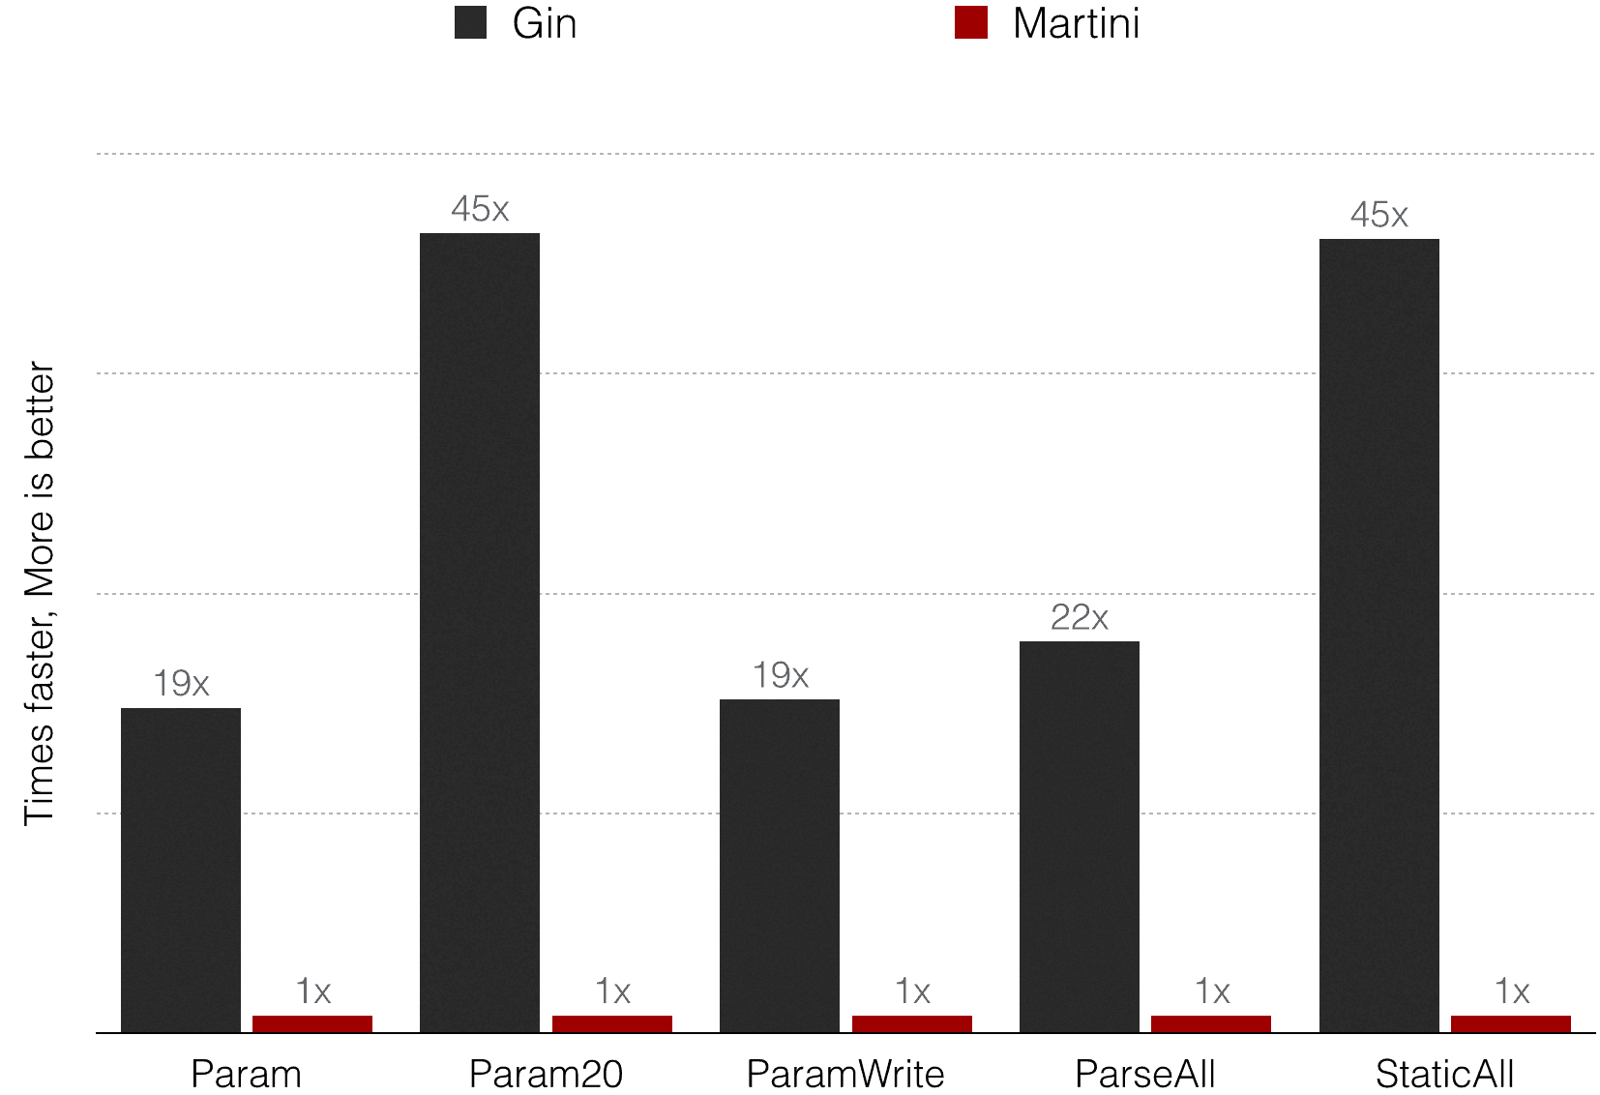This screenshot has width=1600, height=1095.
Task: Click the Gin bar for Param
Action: pos(181,870)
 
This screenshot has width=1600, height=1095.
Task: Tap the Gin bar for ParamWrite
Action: pos(780,866)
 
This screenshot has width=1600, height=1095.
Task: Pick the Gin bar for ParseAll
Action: pos(1080,837)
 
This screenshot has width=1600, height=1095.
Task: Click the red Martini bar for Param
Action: pos(312,1023)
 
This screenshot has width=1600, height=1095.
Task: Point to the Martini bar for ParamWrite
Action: pos(912,1023)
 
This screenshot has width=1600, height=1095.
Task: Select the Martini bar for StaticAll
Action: pos(1511,1023)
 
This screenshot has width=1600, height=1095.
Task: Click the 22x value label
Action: pos(1080,617)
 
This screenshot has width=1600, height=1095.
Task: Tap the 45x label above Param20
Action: pos(480,209)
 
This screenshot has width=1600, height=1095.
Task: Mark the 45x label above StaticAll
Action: pos(1379,215)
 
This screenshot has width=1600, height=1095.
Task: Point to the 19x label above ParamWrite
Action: pos(780,675)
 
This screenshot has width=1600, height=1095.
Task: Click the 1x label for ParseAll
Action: pos(1212,991)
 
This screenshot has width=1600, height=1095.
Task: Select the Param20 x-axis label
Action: pos(546,1074)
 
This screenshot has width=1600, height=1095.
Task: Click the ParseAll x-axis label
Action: pos(1145,1074)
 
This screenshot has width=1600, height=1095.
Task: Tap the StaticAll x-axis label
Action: pos(1444,1074)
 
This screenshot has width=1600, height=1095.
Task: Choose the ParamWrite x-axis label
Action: pos(845,1074)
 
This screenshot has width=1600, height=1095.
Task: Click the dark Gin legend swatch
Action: pos(470,22)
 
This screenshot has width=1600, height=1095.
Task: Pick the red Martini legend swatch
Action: pos(971,22)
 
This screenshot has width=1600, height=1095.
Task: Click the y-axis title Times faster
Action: pos(39,593)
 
